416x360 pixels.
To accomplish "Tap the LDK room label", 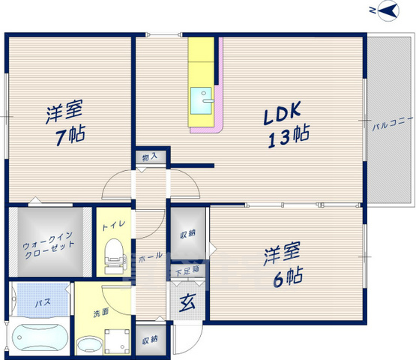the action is pos(282,112).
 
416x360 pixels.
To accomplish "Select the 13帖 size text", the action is pos(289,136).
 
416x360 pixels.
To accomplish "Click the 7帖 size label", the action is pos(70,135).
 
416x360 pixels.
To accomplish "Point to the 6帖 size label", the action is pos(289,277).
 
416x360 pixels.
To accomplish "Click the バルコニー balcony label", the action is pos(392,124).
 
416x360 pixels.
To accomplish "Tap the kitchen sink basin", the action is pos(202,101).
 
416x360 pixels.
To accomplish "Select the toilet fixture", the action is pos(115,256).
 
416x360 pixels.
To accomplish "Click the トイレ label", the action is pos(113,225).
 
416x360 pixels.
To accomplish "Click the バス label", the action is pos(43,302).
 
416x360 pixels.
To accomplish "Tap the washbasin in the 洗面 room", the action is pos(89,345).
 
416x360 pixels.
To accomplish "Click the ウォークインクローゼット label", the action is pos(48,245).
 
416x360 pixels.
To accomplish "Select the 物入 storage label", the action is pos(150,157).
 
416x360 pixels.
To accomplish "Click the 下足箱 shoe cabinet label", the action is pos(187,271).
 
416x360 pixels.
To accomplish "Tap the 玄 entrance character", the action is pos(188,303).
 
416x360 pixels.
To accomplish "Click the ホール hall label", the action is pos(151,256).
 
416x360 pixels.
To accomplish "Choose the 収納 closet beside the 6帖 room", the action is pos(188,235).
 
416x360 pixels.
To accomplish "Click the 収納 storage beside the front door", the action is pos(150,340).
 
